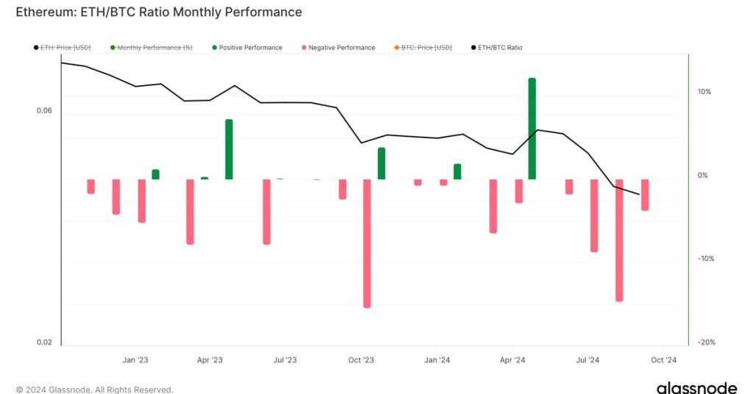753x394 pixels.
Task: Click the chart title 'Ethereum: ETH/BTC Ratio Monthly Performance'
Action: click(x=159, y=12)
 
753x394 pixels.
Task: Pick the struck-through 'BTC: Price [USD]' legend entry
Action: click(x=426, y=48)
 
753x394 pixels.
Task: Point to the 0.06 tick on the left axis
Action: click(x=45, y=111)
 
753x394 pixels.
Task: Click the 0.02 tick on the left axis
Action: click(x=45, y=343)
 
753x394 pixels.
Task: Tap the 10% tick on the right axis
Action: click(x=704, y=92)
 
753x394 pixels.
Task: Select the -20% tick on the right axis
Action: click(x=703, y=343)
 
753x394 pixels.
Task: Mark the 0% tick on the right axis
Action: click(x=702, y=176)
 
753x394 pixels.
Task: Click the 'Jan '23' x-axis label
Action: click(x=135, y=360)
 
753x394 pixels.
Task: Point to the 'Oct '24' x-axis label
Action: click(x=663, y=360)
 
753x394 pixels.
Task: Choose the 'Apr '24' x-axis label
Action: click(x=512, y=360)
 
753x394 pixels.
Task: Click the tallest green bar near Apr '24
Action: click(x=532, y=129)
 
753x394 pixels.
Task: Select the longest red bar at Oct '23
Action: click(x=367, y=243)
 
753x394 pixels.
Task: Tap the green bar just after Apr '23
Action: click(x=229, y=149)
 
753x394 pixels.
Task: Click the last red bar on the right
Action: click(x=645, y=195)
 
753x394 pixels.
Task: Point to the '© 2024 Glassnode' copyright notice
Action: click(x=94, y=390)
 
